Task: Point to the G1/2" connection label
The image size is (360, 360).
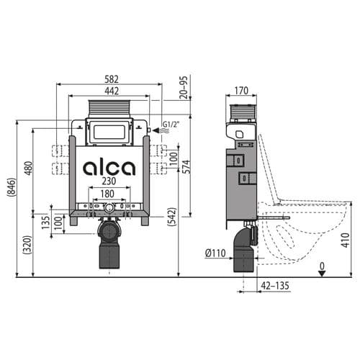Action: pos(170,125)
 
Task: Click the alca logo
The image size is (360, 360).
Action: pos(109,168)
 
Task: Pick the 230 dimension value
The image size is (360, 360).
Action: pos(109,183)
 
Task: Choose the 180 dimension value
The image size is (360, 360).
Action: pos(109,194)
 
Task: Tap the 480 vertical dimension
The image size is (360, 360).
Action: pos(28,168)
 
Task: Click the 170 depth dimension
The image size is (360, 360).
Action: pos(241,91)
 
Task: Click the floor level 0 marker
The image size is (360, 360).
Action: pos(323,266)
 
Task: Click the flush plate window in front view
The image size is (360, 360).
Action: pos(109,132)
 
